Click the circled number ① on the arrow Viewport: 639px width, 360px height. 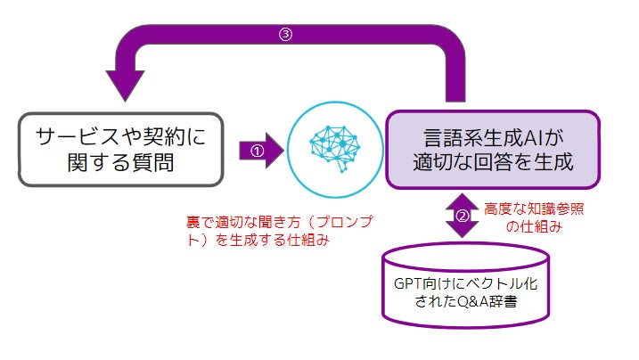pos(258,151)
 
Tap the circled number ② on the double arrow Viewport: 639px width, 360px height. pos(462,215)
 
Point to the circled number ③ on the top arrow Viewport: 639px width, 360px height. pos(285,37)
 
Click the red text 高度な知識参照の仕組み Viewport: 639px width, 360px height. pos(533,217)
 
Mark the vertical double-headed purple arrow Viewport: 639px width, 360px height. pos(462,215)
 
